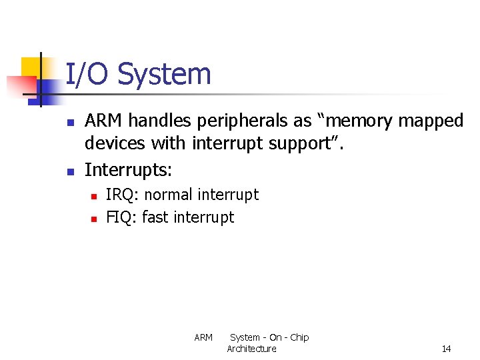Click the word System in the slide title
[164, 74]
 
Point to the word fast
[155, 217]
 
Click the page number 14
[446, 349]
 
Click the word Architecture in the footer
[251, 349]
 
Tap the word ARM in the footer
[203, 337]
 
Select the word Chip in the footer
[299, 337]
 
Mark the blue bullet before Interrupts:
[71, 171]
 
